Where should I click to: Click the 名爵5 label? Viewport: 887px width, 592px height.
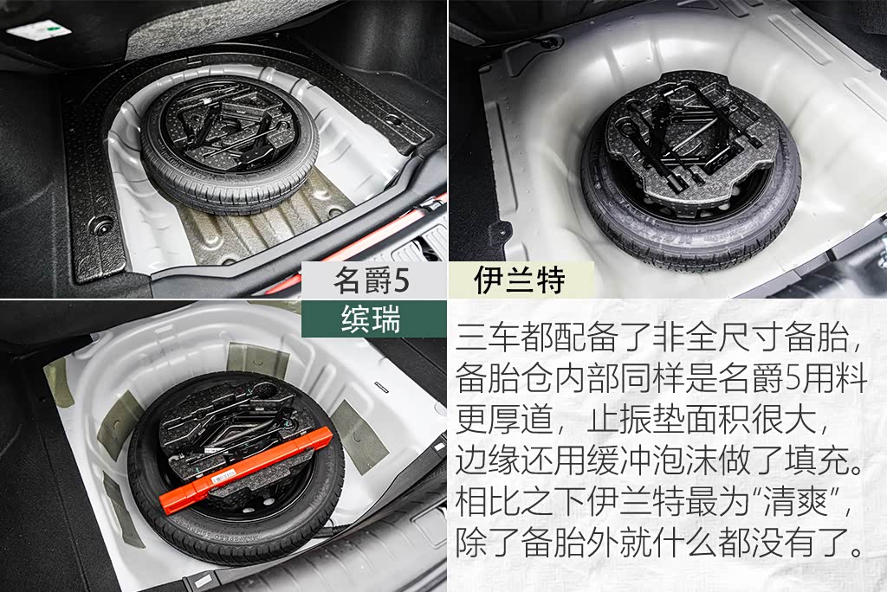pos(371,280)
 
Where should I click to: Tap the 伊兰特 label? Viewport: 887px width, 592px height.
pos(520,280)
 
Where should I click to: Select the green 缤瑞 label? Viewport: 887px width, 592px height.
pos(371,319)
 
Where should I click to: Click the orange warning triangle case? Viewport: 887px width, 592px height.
pos(247,469)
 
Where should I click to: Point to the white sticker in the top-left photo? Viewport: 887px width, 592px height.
pos(39,29)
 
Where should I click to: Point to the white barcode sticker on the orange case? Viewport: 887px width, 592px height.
pos(226,479)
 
